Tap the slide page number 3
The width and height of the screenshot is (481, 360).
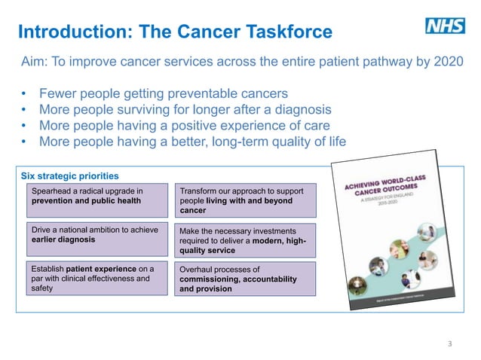[450, 343]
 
